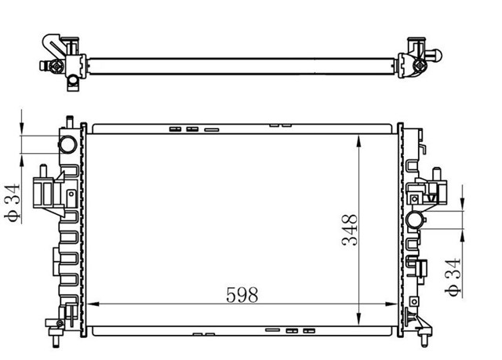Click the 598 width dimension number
tap(242, 295)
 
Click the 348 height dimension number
tap(349, 231)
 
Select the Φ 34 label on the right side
tap(452, 279)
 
